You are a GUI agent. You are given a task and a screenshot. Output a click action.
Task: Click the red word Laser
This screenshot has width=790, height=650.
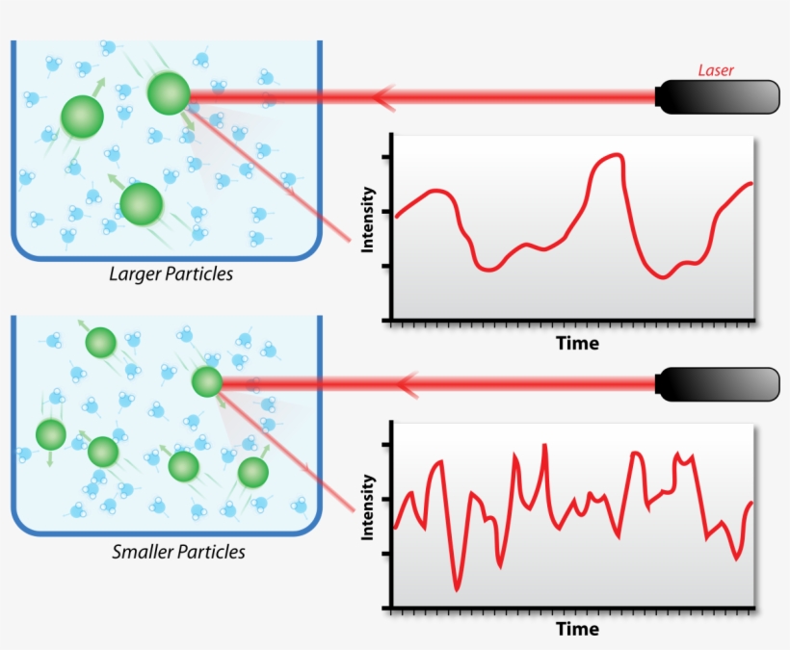tap(716, 70)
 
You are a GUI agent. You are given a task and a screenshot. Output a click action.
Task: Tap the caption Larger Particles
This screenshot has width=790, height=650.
tap(171, 273)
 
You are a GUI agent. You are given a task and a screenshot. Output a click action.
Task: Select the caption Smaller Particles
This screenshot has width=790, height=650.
tap(178, 552)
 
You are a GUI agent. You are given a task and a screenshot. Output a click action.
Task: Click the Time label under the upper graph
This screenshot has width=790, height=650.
tap(577, 344)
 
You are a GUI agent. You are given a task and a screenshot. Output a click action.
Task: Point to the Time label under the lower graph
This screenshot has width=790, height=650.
tap(577, 629)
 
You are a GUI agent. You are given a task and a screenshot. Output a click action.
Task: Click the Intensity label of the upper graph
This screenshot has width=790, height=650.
tap(368, 220)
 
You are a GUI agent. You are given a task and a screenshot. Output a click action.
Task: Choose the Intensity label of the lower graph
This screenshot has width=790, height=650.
tap(368, 507)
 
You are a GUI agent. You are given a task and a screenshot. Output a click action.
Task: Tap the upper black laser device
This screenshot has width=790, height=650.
tap(718, 97)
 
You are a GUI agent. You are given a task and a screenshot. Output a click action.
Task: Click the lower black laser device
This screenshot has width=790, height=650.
tap(718, 384)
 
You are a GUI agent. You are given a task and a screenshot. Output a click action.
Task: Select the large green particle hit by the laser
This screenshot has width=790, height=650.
tap(169, 93)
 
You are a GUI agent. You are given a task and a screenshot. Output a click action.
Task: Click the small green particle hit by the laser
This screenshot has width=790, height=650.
tap(207, 381)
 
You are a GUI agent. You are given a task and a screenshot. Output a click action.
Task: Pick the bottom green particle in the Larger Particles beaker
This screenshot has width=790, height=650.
tap(142, 204)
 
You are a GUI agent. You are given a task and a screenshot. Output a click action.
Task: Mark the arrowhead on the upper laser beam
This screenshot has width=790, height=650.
tap(383, 96)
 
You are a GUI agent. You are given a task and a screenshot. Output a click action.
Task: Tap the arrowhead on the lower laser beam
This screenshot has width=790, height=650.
tap(408, 385)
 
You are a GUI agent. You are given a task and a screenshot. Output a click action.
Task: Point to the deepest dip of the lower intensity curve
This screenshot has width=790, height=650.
tap(457, 589)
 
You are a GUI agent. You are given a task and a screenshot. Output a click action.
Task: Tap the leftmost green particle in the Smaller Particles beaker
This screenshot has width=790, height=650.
tap(51, 434)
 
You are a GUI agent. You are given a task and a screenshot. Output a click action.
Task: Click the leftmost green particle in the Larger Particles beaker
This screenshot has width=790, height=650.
tap(82, 117)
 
